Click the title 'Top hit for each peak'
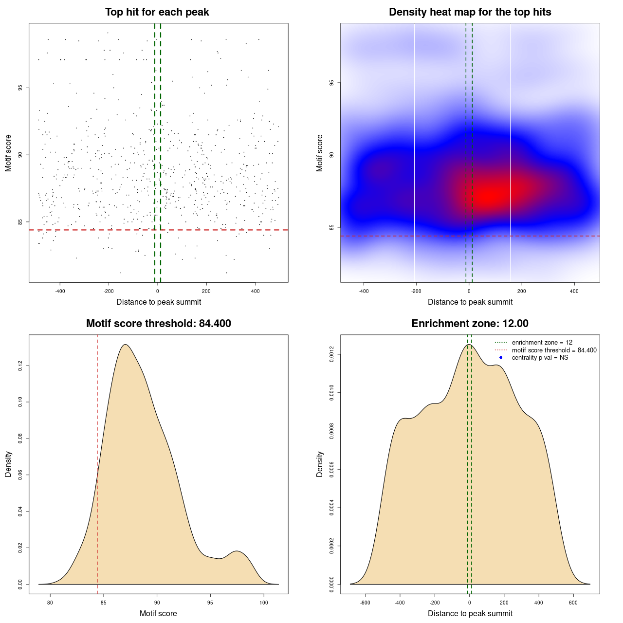[157, 12]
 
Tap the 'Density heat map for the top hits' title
[470, 12]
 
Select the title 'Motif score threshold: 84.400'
[158, 324]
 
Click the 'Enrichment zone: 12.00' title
[470, 324]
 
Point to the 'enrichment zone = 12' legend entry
[542, 343]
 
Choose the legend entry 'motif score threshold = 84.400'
[554, 350]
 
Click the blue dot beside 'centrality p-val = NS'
[501, 358]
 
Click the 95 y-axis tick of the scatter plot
[20, 88]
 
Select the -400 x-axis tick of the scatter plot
[60, 292]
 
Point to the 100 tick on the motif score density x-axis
[264, 603]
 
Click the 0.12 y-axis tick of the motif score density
[20, 366]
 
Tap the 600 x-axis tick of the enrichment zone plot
[573, 603]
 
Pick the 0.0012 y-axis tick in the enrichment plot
[331, 355]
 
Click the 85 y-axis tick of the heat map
[331, 227]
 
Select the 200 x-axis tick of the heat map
[522, 292]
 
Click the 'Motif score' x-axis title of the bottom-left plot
[158, 614]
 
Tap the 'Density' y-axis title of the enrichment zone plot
[320, 464]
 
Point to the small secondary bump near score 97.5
[237, 552]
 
